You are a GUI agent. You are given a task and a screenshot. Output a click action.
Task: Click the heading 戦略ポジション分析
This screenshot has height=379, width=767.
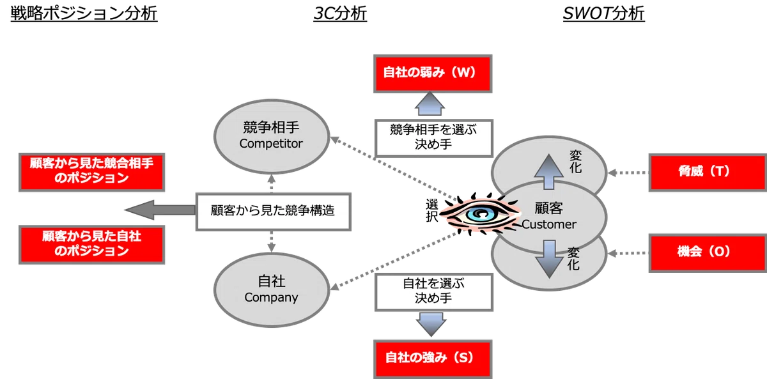click(x=84, y=13)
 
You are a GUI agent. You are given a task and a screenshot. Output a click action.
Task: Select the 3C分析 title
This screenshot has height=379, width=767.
click(x=340, y=13)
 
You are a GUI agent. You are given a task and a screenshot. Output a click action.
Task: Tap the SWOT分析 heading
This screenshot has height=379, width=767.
click(x=603, y=13)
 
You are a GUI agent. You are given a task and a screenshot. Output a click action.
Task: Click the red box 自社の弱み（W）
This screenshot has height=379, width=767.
click(x=433, y=73)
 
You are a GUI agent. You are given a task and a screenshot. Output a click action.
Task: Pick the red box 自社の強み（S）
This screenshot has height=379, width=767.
click(x=433, y=359)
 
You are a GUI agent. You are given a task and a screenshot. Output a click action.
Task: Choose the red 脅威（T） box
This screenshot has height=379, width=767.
click(x=708, y=172)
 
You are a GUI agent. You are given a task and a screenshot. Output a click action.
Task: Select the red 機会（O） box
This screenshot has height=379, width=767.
click(x=708, y=253)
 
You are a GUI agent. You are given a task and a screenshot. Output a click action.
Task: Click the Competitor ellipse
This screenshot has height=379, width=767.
click(x=272, y=136)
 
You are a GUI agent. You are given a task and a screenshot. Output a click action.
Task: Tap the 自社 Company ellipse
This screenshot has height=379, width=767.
click(x=272, y=290)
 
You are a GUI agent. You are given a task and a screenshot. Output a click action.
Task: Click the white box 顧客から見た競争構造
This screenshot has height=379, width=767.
click(x=274, y=212)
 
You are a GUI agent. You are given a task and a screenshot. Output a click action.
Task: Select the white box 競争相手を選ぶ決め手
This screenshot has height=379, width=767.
click(x=434, y=138)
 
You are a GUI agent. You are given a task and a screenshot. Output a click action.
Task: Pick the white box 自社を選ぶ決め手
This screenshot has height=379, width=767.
click(x=434, y=292)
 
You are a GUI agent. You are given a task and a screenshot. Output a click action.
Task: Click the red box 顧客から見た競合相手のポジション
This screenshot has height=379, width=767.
click(x=92, y=172)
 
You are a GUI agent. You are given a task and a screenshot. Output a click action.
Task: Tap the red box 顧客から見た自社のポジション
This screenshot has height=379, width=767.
click(x=92, y=244)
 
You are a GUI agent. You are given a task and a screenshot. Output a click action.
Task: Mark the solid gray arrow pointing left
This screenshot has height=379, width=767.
click(x=160, y=210)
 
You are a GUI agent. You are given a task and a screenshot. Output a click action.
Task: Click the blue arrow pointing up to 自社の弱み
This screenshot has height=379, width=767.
click(x=430, y=104)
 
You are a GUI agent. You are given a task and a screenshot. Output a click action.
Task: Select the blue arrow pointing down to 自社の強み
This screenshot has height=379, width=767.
click(x=431, y=324)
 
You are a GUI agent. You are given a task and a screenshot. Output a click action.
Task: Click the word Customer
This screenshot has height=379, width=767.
click(x=549, y=224)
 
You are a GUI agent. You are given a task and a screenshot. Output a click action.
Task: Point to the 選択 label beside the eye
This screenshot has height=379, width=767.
click(x=432, y=210)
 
